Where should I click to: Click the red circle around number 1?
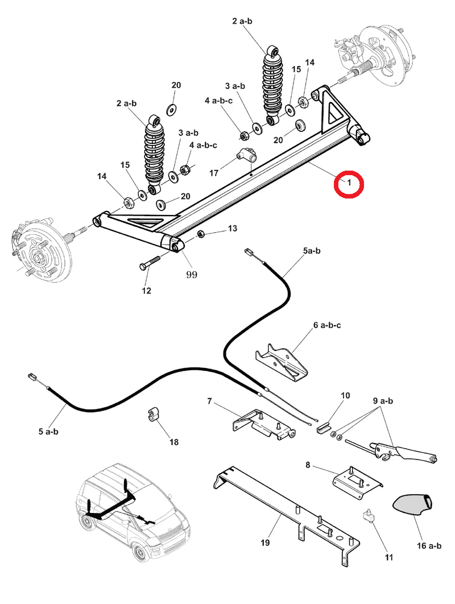point(349,184)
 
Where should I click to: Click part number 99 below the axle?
point(191,274)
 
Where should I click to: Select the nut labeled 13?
point(201,234)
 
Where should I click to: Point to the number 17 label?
point(214,172)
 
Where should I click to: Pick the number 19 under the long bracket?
point(264,543)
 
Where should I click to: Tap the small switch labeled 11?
point(369,516)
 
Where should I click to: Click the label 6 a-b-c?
point(327,325)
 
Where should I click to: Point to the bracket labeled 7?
point(264,425)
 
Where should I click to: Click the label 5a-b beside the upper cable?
point(312,250)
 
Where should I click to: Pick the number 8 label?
point(308,465)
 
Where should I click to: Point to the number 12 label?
point(146,291)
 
